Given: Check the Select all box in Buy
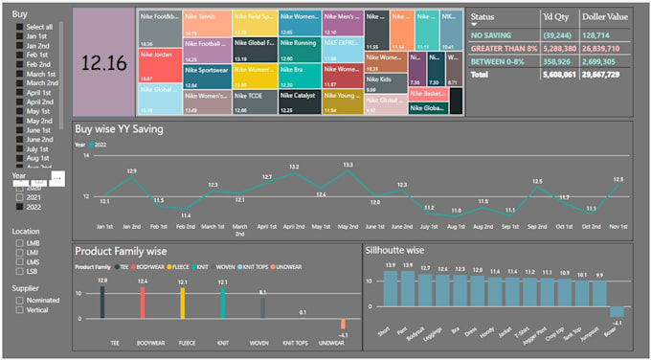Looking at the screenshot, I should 18,27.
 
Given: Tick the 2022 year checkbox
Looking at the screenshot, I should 18,207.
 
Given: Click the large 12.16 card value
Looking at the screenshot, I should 104,63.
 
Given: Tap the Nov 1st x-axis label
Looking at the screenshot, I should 618,227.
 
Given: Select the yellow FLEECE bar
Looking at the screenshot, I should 183,303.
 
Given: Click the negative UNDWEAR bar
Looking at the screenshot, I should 343,324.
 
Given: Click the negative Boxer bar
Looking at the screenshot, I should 617,311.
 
